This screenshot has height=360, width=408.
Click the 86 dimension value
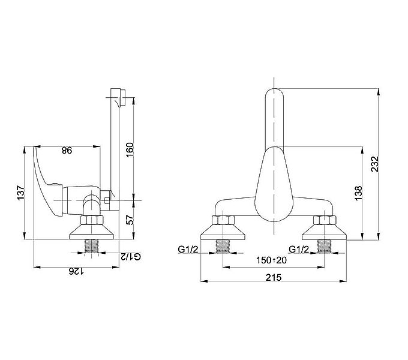(67, 151)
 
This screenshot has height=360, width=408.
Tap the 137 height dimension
(21, 193)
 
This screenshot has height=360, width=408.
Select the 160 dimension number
(130, 149)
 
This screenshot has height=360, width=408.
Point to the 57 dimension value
(130, 220)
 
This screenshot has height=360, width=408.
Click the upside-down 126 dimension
(76, 272)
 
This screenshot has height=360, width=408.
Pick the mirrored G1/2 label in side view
(131, 256)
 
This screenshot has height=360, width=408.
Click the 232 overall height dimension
(374, 164)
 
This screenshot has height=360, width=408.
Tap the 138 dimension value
(358, 193)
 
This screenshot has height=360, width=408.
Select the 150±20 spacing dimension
(271, 260)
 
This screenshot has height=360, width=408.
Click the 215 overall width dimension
(274, 278)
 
